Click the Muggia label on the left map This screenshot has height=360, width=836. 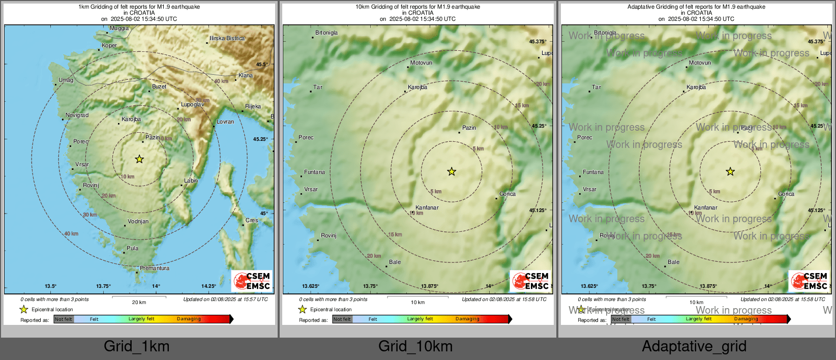(x=120, y=28)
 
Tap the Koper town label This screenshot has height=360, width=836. (x=109, y=45)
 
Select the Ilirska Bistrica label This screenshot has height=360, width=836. (x=227, y=38)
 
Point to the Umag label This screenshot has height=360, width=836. (x=66, y=80)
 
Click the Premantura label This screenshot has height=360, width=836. (x=155, y=268)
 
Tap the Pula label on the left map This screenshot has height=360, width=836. (x=133, y=248)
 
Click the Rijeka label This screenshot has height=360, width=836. (x=253, y=106)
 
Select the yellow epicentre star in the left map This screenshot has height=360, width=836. (x=139, y=159)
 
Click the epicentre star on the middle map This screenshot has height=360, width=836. (x=452, y=171)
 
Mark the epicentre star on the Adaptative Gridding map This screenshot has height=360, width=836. (x=730, y=171)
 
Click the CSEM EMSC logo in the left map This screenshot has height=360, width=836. (x=252, y=281)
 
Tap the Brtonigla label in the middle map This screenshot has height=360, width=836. (x=326, y=33)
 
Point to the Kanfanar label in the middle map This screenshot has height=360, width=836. (x=427, y=207)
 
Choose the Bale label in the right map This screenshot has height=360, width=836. (x=674, y=262)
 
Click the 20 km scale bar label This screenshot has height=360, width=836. (x=139, y=302)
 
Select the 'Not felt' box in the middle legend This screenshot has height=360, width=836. (x=342, y=319)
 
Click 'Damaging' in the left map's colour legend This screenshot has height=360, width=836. (x=189, y=319)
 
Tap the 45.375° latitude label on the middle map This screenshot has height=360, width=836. (x=538, y=42)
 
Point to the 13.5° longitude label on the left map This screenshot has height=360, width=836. (x=50, y=286)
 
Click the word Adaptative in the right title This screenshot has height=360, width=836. (x=641, y=7)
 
